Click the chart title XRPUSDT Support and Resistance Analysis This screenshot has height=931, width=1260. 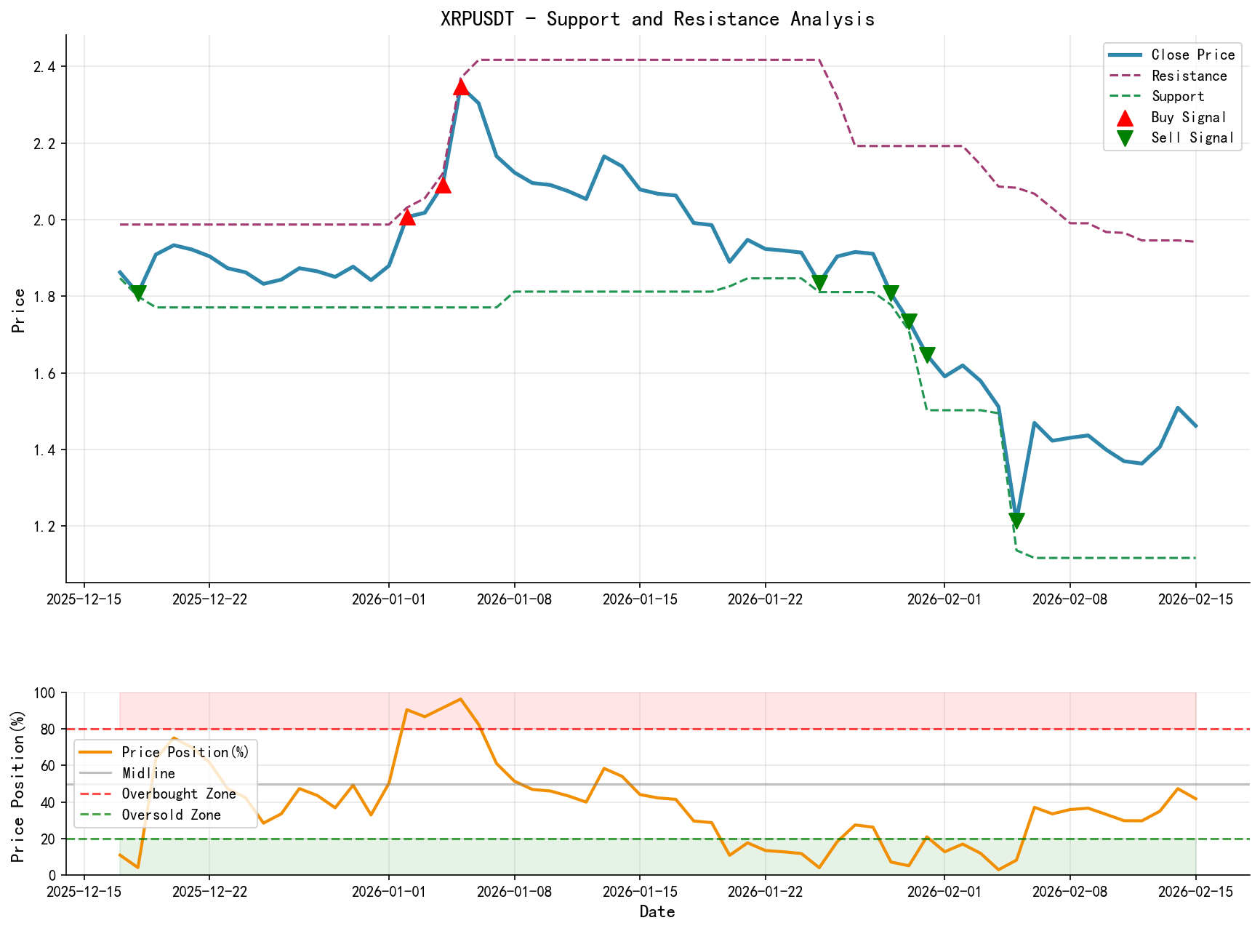click(x=657, y=19)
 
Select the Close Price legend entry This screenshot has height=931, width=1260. click(x=1192, y=55)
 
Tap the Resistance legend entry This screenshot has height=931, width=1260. click(x=1189, y=76)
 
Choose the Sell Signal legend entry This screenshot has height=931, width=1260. click(x=1192, y=137)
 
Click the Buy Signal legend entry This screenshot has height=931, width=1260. click(x=1189, y=117)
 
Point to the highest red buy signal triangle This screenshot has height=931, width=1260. click(x=461, y=87)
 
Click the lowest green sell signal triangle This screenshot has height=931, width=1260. click(x=1016, y=520)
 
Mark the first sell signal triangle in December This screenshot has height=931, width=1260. click(x=138, y=292)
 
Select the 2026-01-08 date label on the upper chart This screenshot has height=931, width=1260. click(x=515, y=599)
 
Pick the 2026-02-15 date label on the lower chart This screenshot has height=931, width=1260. click(x=1195, y=892)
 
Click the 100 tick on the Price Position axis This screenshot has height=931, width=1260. click(x=47, y=693)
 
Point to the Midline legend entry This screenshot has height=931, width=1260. click(x=148, y=773)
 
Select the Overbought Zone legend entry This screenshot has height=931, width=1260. click(x=179, y=794)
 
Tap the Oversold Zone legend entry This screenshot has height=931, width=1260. click(x=172, y=815)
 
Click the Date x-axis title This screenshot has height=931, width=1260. click(x=657, y=912)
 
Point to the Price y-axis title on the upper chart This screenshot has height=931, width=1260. click(x=18, y=311)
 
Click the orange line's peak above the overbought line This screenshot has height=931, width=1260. click(x=460, y=699)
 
